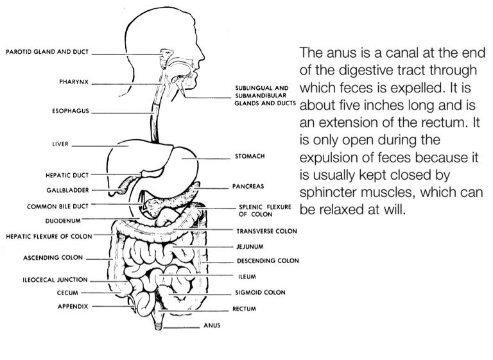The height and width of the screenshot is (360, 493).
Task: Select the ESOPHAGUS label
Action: coord(71,111)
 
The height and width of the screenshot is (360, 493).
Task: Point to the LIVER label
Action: coord(60,144)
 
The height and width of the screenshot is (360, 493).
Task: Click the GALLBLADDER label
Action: coord(67,190)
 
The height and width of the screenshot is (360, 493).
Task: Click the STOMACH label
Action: coord(250,156)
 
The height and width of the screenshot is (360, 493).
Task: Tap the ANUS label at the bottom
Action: coord(212,325)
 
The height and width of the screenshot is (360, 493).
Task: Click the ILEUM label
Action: coord(246,277)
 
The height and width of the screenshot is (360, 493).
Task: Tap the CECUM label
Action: coord(67,293)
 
